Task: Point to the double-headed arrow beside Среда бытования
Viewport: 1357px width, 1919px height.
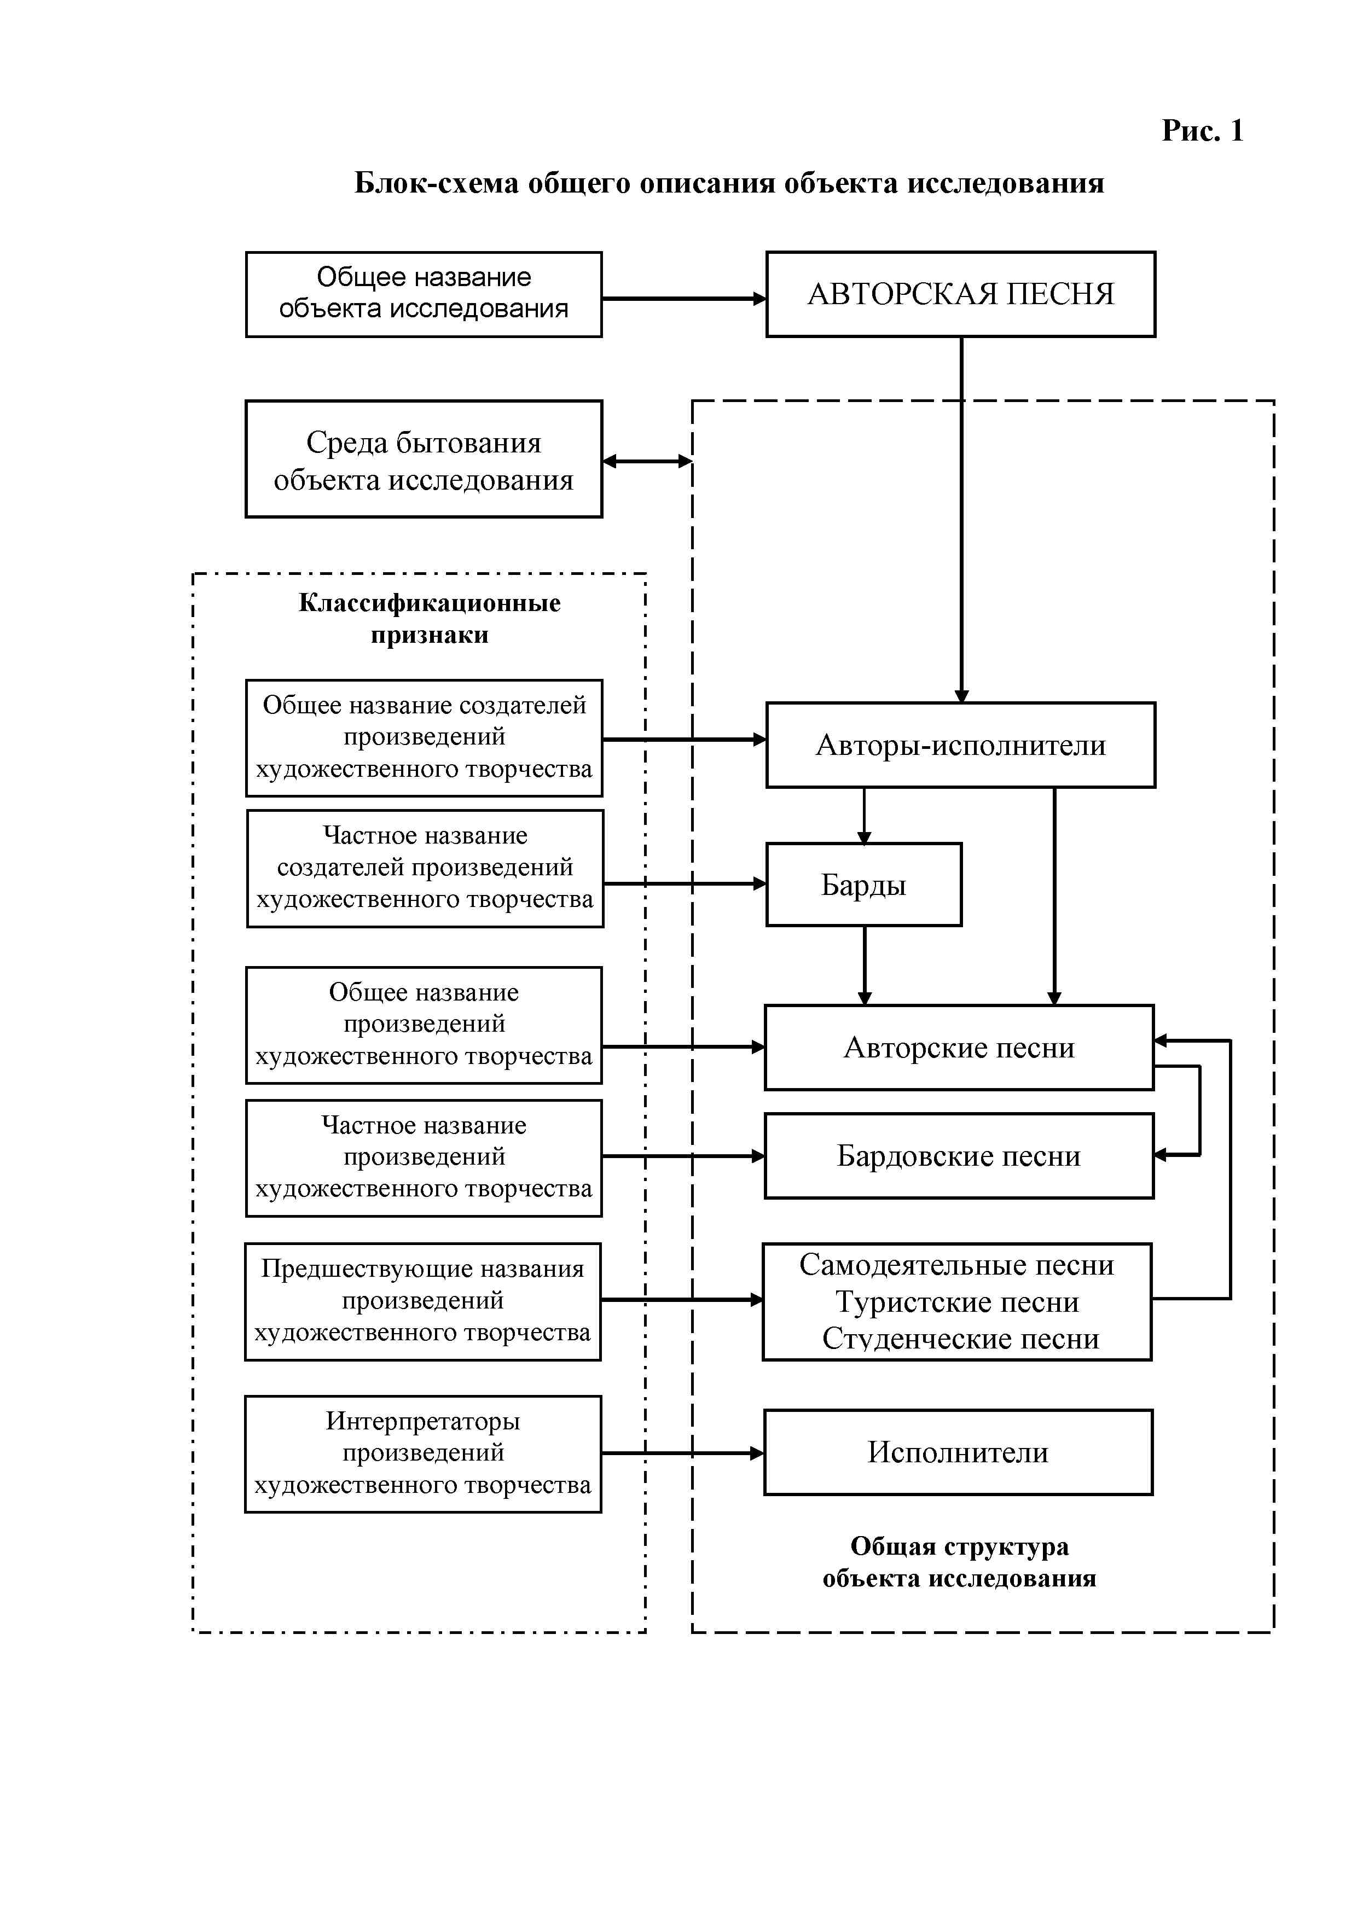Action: pyautogui.click(x=647, y=461)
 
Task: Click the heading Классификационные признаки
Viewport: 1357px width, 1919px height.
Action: pyautogui.click(x=429, y=619)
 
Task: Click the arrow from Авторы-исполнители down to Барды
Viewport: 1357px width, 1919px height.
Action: pyautogui.click(x=865, y=815)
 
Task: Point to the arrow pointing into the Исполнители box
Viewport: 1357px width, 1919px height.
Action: pyautogui.click(x=682, y=1453)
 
